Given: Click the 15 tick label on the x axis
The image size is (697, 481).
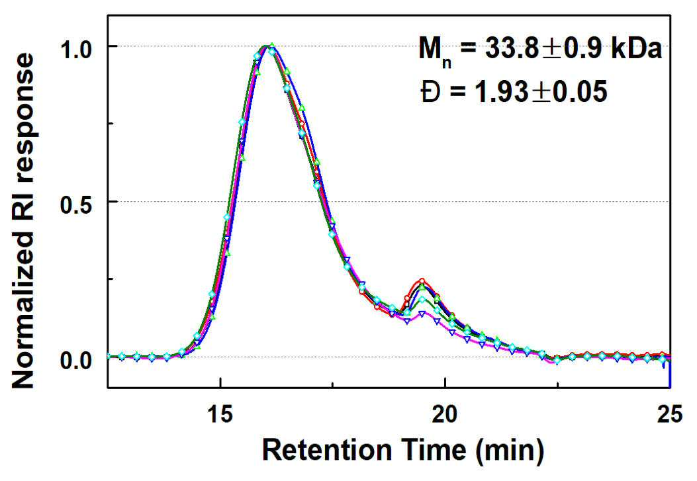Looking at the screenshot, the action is (x=221, y=415).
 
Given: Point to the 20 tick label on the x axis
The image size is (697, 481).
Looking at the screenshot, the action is (x=445, y=415).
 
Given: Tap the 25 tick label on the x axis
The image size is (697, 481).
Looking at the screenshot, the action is (x=669, y=415).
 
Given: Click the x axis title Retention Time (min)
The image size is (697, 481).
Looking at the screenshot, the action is (x=403, y=450).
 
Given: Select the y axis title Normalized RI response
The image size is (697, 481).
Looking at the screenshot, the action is (x=23, y=221).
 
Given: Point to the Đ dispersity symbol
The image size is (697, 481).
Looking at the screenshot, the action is (x=430, y=93).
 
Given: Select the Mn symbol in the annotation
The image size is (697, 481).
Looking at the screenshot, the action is (x=435, y=52).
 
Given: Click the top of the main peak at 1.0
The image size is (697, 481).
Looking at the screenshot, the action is (x=267, y=45).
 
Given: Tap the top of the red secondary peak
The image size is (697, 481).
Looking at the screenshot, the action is (x=422, y=281).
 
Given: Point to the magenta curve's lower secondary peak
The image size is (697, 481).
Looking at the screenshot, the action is (x=422, y=312).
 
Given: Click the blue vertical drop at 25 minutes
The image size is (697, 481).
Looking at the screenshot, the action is (x=669, y=373).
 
